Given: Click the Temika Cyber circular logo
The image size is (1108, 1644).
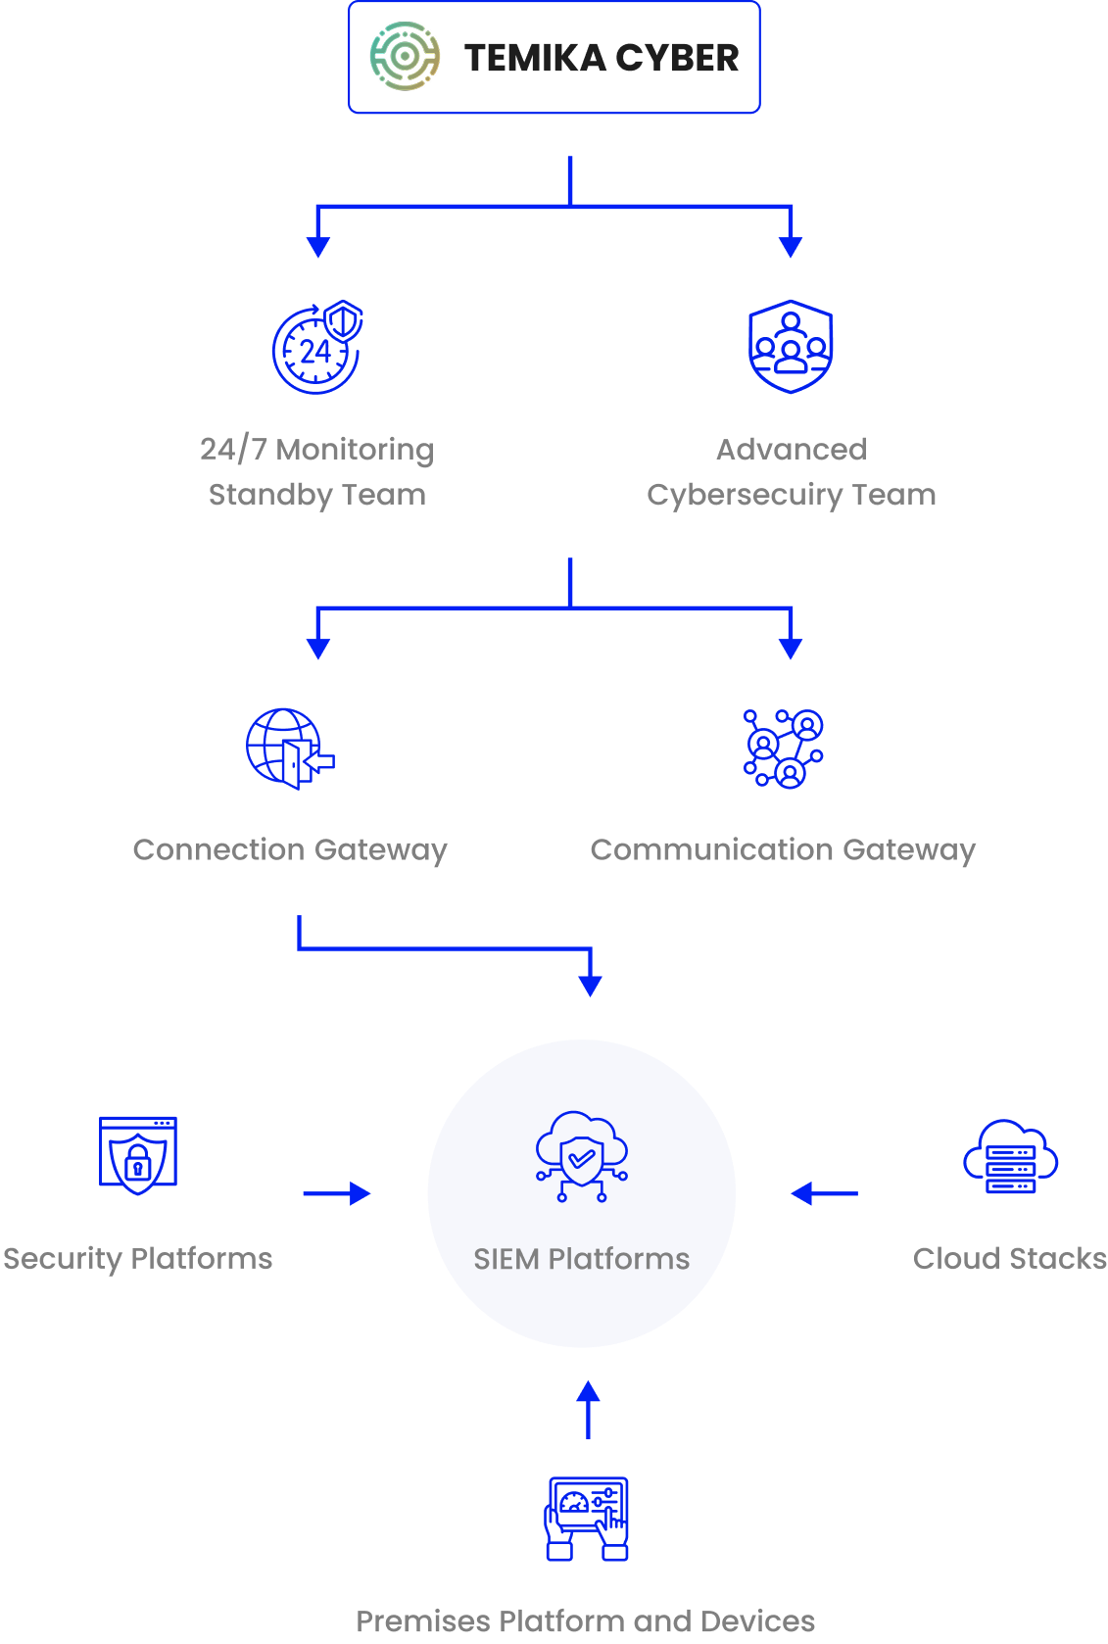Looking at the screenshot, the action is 405,57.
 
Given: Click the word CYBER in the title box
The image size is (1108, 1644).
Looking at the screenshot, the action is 677,58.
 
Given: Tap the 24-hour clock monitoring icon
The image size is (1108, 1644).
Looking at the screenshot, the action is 317,347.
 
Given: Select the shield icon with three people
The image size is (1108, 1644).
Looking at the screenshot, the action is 791,347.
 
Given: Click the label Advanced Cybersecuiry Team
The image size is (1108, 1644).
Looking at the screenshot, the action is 791,472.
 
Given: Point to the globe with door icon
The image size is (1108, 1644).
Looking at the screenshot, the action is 290,749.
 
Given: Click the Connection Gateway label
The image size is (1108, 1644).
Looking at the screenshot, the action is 290,849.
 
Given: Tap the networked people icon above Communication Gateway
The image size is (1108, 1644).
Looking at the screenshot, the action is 783,749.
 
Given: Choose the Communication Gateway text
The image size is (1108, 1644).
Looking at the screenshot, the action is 783,849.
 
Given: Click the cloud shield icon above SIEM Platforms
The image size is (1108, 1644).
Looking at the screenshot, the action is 582,1156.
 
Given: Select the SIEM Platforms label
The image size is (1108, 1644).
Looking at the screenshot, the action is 582,1259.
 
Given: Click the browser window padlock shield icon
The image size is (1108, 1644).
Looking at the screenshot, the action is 138,1155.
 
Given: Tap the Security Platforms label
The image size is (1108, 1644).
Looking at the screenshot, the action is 138,1259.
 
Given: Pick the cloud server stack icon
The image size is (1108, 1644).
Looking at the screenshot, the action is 1010,1156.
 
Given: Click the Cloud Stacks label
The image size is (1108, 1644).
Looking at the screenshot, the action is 1010,1259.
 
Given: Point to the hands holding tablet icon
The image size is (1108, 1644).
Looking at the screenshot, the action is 587,1519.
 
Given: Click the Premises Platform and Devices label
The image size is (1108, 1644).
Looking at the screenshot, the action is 586,1620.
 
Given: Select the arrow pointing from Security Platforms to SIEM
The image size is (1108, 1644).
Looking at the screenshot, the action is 337,1193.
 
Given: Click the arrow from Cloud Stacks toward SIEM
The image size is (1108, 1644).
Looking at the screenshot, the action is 824,1193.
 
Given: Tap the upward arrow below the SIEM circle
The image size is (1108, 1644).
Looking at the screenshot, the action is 588,1409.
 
